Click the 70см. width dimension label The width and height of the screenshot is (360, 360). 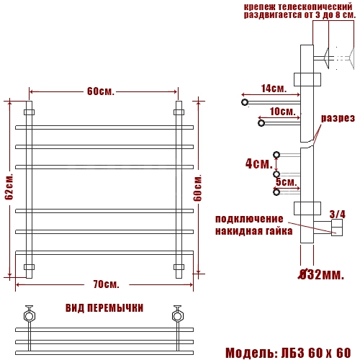[x=106, y=284]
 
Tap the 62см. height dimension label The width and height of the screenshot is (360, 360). [x=9, y=186]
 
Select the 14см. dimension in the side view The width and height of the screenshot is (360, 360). [x=274, y=89]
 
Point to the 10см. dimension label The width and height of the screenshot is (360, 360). [x=282, y=112]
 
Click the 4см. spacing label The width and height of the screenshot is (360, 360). [x=259, y=163]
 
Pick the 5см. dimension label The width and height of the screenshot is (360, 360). [x=287, y=182]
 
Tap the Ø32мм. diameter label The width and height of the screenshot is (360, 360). [x=321, y=274]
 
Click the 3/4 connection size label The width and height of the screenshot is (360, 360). [x=338, y=215]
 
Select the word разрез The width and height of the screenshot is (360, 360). [x=338, y=118]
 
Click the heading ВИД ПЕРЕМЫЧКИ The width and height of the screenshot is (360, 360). [x=104, y=308]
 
